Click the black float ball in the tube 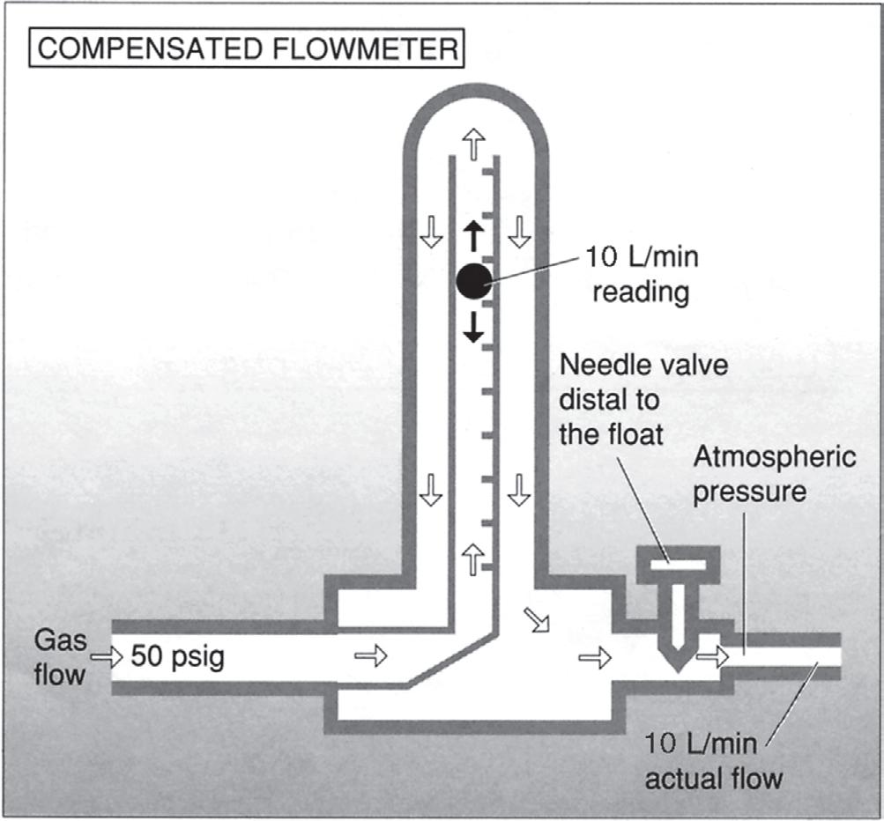(x=472, y=281)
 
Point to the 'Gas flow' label (x=61, y=656)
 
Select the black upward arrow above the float (x=473, y=237)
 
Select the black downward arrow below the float (x=473, y=327)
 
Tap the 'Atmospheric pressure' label (x=774, y=474)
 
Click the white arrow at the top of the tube (x=474, y=143)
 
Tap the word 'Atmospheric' (x=774, y=459)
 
